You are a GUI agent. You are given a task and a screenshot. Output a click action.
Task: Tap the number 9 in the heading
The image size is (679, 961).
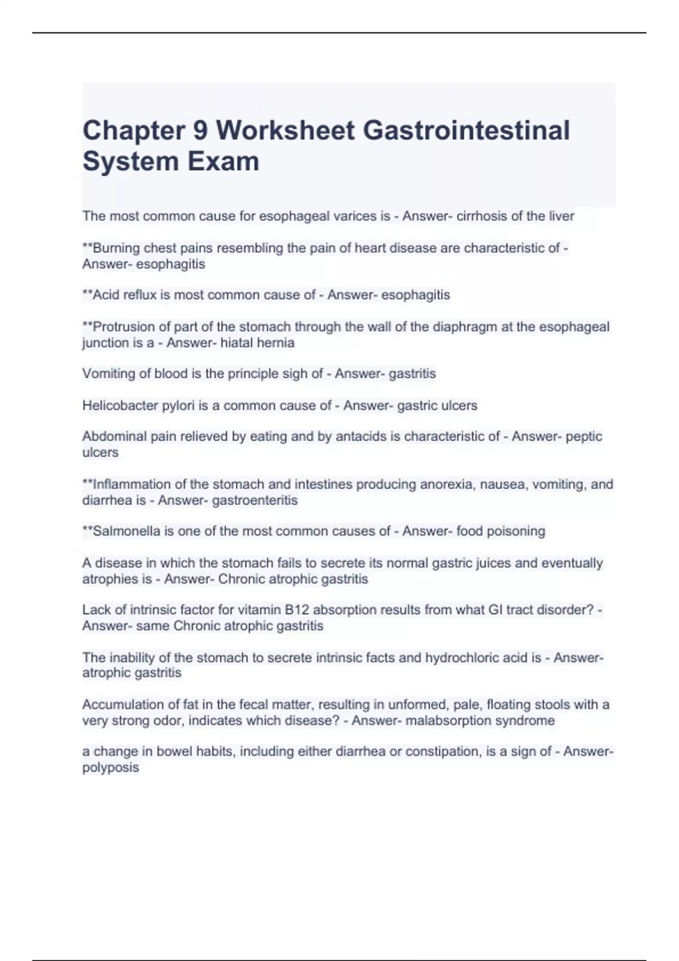click(x=200, y=131)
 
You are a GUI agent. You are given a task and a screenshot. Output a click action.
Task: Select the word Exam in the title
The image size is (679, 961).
click(x=224, y=161)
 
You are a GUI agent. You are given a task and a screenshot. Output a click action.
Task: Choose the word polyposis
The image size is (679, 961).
click(x=110, y=768)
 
